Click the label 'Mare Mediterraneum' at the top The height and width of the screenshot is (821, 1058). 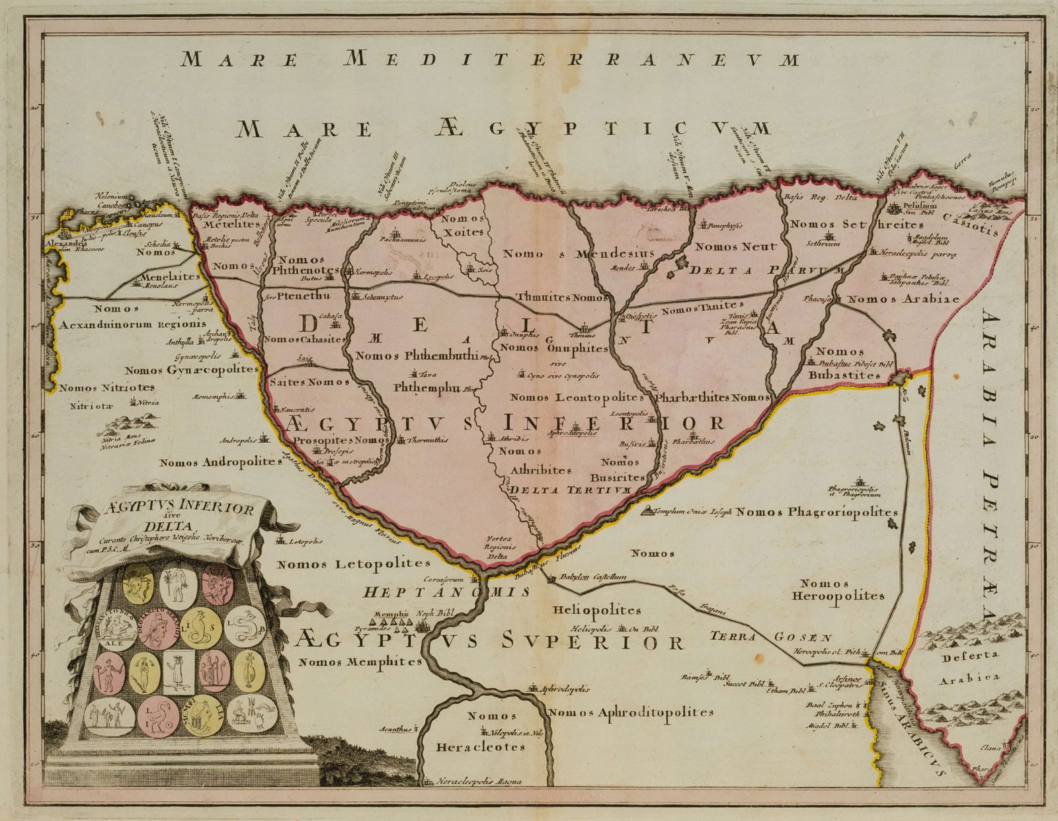[489, 59]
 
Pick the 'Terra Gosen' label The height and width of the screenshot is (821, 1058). [770, 638]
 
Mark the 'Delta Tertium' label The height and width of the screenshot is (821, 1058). [572, 490]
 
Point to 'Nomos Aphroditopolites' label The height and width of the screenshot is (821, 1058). [630, 713]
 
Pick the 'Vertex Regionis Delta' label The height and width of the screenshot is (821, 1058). [501, 547]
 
